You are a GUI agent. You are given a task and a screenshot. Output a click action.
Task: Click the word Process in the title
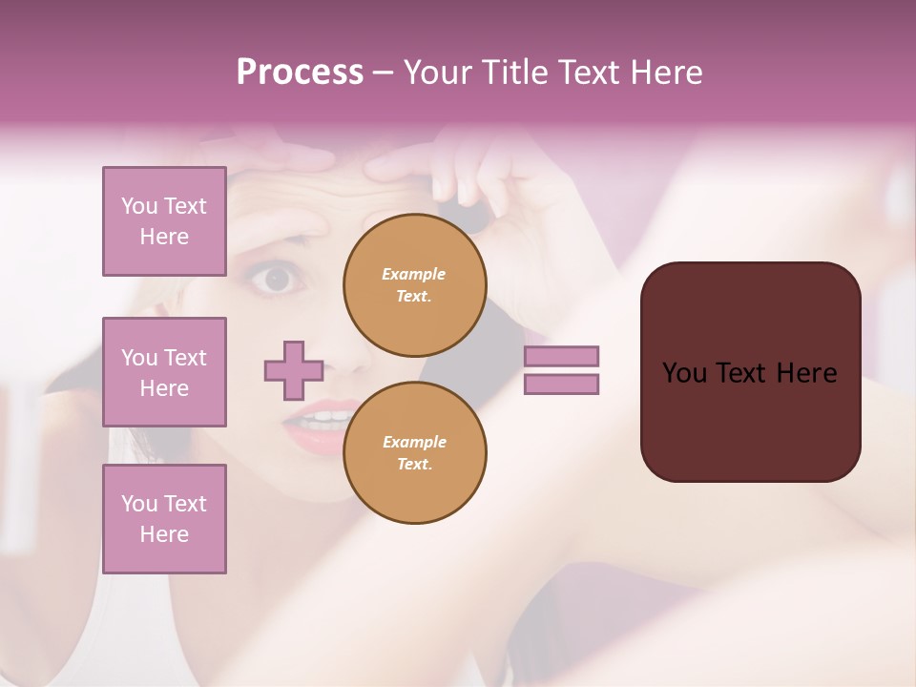[300, 73]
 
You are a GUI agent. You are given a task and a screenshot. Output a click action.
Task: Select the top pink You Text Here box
[164, 221]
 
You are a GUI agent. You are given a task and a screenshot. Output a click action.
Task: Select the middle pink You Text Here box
[164, 372]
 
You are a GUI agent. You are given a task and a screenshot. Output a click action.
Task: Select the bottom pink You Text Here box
[164, 519]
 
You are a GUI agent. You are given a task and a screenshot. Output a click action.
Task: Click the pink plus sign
[294, 370]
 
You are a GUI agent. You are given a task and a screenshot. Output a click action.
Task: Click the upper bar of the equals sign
[561, 356]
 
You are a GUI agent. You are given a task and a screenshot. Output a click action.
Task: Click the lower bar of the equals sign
[561, 385]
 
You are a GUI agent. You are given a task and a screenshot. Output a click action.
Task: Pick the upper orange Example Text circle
[414, 285]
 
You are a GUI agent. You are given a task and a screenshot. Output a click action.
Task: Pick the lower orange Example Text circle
[414, 453]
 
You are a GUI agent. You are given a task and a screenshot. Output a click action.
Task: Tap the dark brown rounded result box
[750, 372]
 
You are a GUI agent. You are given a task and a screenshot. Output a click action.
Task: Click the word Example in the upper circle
[413, 274]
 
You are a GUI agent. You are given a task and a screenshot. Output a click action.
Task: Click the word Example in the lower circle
[414, 442]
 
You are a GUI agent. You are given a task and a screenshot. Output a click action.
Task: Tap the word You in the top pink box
[138, 206]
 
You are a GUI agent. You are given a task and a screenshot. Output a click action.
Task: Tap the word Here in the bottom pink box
[164, 534]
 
